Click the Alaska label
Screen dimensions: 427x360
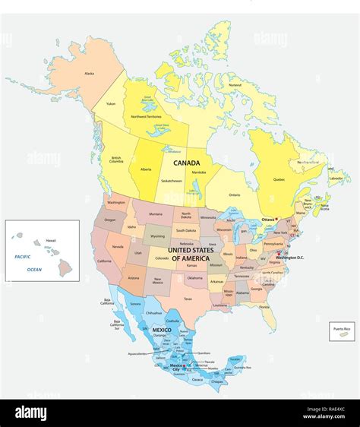click(x=90, y=74)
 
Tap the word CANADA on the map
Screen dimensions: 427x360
click(x=186, y=163)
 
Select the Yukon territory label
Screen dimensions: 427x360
click(x=111, y=103)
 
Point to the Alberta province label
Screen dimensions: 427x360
click(x=145, y=170)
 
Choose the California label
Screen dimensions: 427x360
click(x=103, y=261)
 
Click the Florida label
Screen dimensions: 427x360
click(x=264, y=307)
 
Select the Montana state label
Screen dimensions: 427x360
click(x=156, y=214)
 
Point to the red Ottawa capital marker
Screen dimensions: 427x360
click(x=276, y=220)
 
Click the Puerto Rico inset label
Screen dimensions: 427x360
click(x=339, y=327)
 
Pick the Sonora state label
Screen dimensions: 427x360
click(x=136, y=304)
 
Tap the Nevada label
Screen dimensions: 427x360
click(x=118, y=248)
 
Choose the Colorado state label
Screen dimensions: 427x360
click(x=160, y=259)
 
